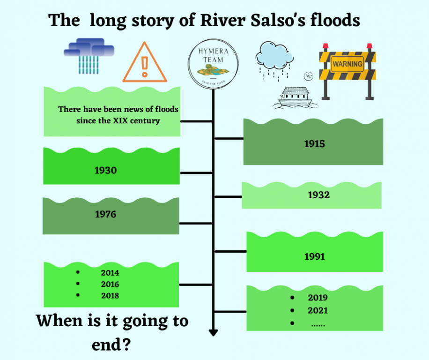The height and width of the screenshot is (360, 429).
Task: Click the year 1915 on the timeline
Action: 314,144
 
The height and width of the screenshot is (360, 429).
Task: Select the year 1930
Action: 105,170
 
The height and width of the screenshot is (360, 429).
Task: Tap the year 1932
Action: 318,195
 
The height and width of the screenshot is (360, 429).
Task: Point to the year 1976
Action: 105,214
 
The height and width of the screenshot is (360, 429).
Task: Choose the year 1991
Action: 315,256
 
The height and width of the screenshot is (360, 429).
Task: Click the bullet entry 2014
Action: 110,273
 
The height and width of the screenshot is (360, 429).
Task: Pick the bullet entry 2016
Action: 110,284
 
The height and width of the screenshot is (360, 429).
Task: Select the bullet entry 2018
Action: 110,296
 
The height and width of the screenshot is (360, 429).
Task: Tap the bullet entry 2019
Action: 318,298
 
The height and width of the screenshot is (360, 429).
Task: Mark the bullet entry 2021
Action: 318,310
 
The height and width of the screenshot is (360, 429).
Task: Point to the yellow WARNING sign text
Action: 348,64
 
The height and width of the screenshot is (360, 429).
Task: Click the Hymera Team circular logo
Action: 213,63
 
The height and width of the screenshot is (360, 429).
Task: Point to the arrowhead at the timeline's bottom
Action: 213,333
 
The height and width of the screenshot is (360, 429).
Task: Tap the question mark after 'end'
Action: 126,345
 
